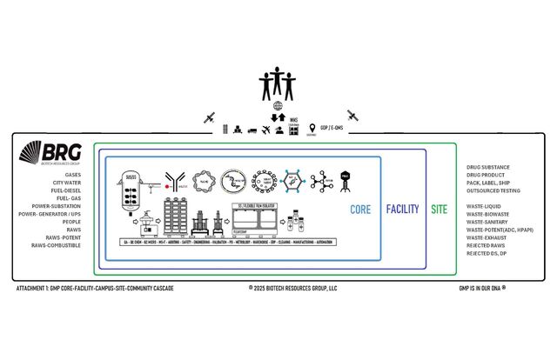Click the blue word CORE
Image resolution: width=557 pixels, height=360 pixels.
point(360,210)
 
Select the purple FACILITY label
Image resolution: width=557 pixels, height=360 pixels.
point(402,210)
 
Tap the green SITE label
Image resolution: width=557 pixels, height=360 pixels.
point(440,210)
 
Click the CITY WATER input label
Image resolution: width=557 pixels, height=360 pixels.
point(67,183)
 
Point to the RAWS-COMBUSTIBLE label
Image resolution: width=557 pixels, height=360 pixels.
point(57,245)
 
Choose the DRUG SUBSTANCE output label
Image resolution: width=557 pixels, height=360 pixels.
point(488,167)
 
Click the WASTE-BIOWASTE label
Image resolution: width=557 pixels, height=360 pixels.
point(488,214)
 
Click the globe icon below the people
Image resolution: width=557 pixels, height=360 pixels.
point(278,106)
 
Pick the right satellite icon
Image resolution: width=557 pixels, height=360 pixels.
point(352,116)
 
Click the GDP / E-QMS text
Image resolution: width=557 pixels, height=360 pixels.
point(332,129)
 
